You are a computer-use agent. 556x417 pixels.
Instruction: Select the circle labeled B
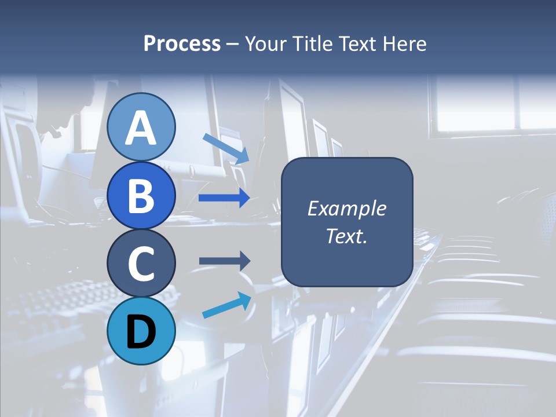coord(141,195)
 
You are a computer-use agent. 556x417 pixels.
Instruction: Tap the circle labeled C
coord(141,264)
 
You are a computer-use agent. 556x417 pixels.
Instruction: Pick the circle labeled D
coord(141,331)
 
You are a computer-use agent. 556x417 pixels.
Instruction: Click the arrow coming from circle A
coord(226,148)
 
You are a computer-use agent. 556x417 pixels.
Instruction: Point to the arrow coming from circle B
coord(224,198)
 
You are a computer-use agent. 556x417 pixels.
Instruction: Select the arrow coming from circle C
coord(224,261)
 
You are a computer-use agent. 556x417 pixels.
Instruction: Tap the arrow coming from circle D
coord(226,305)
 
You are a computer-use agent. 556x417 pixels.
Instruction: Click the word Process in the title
coord(182,43)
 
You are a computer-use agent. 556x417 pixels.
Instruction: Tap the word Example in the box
coord(346,209)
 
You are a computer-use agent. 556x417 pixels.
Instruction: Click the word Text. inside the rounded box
coord(346,236)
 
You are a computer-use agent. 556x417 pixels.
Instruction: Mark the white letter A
coord(141,128)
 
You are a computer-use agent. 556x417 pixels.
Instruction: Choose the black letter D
coord(141,332)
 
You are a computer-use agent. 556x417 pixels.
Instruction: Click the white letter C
coord(141,264)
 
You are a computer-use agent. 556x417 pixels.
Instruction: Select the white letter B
coord(141,196)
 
